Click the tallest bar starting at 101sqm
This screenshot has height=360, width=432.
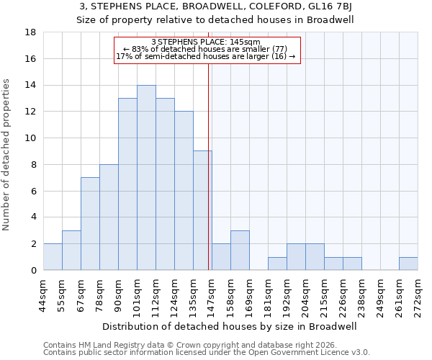146,178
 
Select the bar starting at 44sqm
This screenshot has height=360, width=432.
53,257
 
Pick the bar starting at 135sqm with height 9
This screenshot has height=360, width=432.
202,210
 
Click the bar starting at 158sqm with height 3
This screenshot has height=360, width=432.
240,251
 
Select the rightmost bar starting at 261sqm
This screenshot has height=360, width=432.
408,264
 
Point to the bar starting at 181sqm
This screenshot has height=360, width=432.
277,264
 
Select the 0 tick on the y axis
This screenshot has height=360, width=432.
33,271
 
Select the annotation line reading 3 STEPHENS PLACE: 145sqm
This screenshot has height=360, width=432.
206,42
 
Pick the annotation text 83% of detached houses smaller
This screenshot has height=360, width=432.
206,49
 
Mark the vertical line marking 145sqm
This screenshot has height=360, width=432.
209,180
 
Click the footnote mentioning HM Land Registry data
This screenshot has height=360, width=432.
186,346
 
